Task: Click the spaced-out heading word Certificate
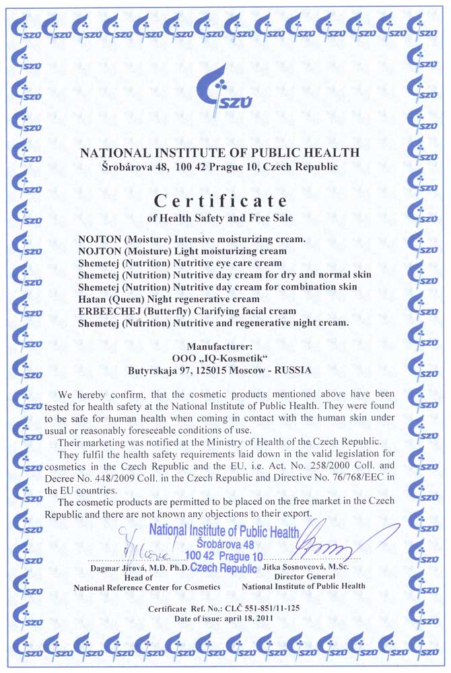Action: coord(221,201)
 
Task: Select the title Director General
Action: coord(303,577)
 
